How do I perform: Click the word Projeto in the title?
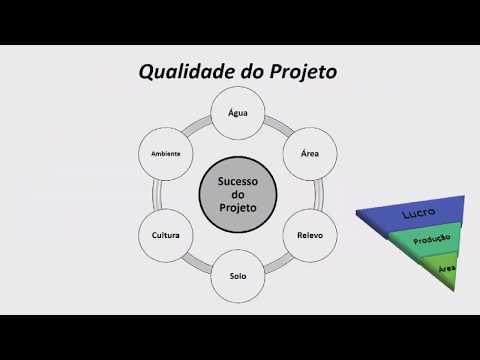pyautogui.click(x=300, y=72)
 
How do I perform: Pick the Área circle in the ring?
pyautogui.click(x=310, y=155)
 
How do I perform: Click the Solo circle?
pyautogui.click(x=238, y=275)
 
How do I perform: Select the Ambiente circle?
pyautogui.click(x=166, y=155)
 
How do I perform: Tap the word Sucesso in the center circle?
pyautogui.click(x=238, y=180)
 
